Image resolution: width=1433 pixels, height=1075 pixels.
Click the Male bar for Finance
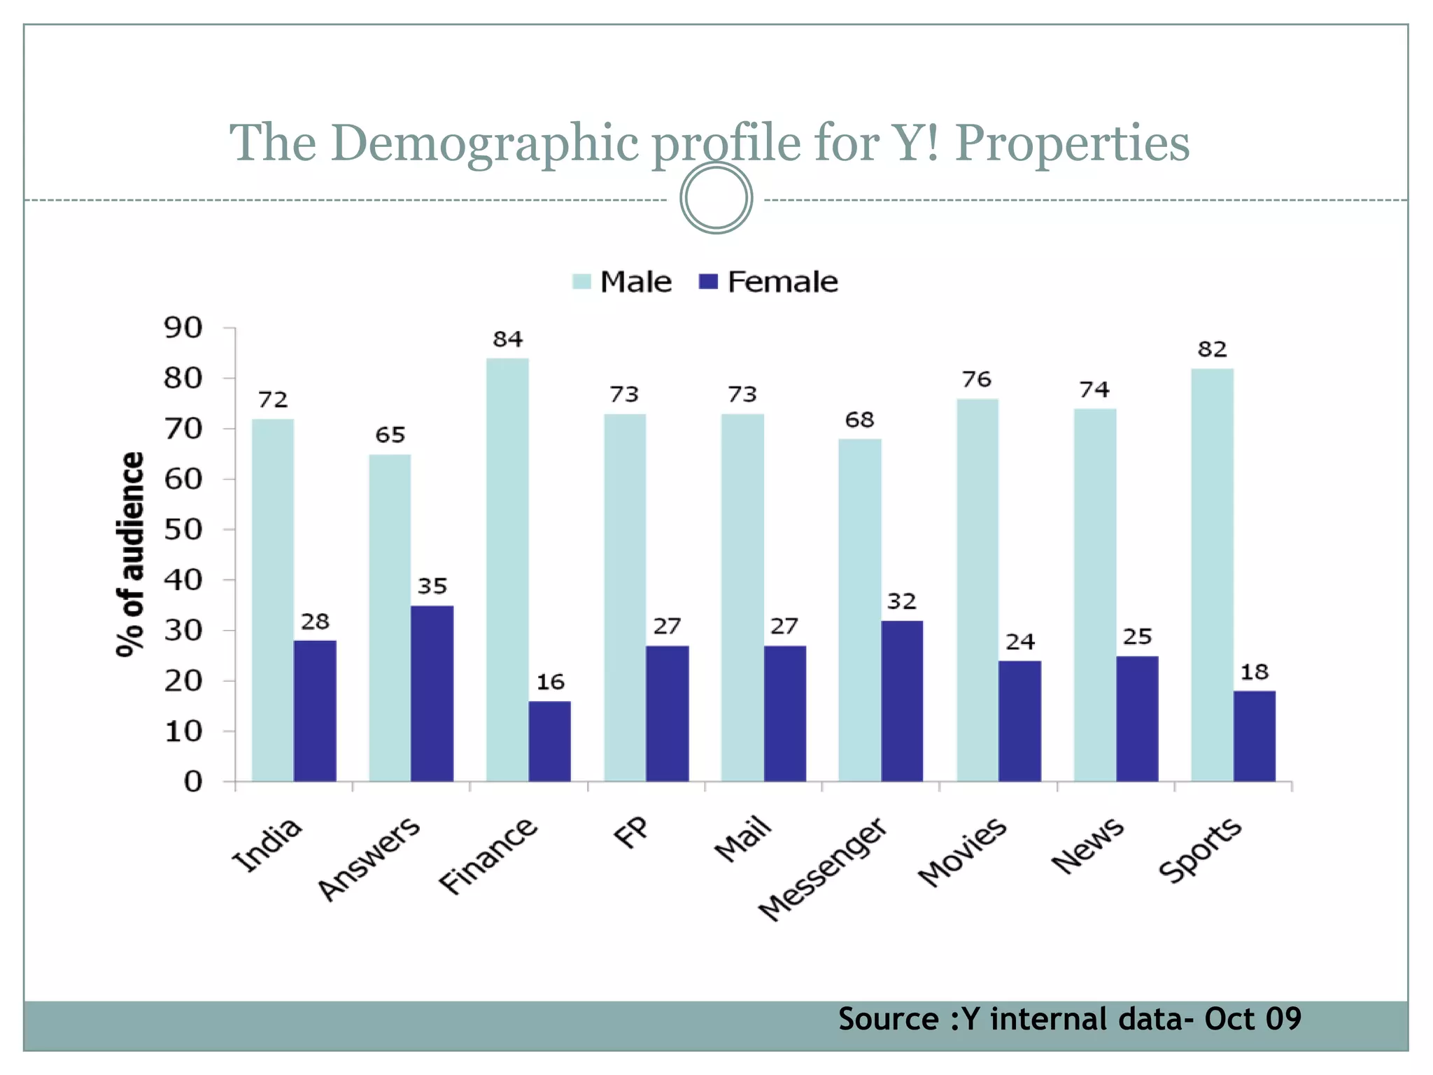click(507, 570)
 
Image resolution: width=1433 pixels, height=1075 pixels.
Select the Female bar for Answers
click(432, 693)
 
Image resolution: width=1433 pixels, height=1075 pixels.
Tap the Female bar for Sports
click(1254, 736)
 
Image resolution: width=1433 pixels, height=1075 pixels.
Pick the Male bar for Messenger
click(860, 610)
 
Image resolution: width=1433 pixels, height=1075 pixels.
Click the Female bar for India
click(315, 710)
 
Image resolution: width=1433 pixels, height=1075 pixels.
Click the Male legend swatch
click(581, 282)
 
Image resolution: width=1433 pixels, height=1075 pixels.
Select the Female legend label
click(782, 282)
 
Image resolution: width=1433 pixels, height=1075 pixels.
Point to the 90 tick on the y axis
click(183, 328)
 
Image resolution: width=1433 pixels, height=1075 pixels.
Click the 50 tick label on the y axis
click(183, 530)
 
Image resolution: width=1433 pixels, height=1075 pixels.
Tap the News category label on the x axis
click(1087, 846)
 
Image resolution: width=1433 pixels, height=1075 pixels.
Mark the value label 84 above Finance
click(507, 339)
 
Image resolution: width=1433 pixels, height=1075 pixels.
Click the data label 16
click(550, 682)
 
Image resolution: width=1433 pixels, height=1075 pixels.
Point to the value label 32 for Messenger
click(901, 602)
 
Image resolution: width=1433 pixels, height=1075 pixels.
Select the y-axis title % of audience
click(130, 554)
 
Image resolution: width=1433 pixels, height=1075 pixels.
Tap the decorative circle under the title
click(716, 198)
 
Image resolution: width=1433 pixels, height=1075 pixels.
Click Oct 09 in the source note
click(1252, 1019)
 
